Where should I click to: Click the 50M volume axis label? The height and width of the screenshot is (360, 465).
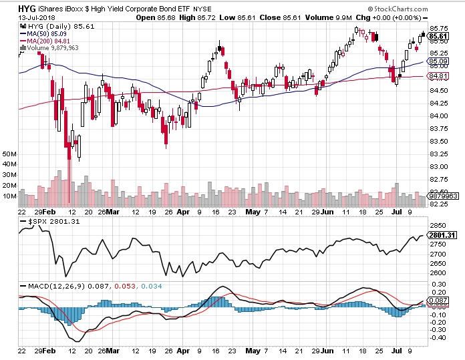coord(9,154)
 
